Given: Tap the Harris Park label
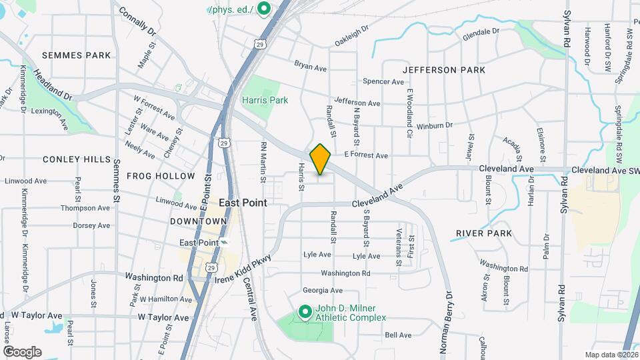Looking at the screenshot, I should [x=260, y=100].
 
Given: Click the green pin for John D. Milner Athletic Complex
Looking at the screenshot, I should [x=305, y=311].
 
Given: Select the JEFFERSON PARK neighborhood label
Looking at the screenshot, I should [x=438, y=69].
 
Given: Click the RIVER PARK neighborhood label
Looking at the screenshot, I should [x=484, y=233].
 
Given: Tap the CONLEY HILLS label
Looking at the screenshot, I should [x=76, y=159].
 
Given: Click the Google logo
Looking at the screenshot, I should [x=22, y=351].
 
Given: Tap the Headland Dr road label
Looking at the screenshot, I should [x=53, y=86].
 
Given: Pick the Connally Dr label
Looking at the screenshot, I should [x=137, y=21].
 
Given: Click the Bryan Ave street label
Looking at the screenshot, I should [x=310, y=66].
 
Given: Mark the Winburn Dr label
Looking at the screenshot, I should [x=434, y=125].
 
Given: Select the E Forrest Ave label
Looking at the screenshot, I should [x=366, y=155].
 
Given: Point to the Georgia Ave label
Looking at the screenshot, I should [x=322, y=290].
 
